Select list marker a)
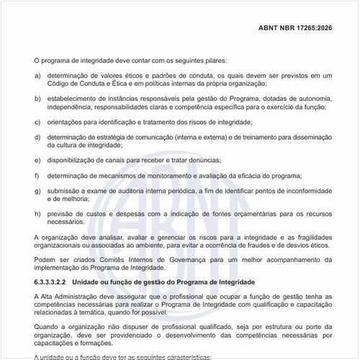pos(37,76)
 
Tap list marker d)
pos(37,136)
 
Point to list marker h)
pos(37,214)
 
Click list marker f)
pos(37,176)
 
